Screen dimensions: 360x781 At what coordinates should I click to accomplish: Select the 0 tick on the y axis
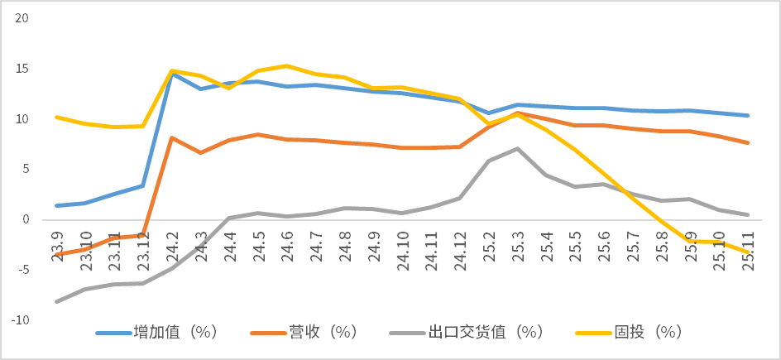pyautogui.click(x=25, y=219)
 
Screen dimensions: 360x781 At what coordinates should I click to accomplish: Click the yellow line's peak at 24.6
pyautogui.click(x=286, y=65)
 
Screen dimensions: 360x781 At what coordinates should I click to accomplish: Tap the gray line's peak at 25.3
pyautogui.click(x=517, y=149)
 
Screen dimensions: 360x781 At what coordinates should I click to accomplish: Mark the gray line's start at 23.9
pyautogui.click(x=56, y=302)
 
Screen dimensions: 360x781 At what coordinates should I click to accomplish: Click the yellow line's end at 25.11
pyautogui.click(x=747, y=252)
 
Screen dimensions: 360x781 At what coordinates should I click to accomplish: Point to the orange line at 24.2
pyautogui.click(x=171, y=137)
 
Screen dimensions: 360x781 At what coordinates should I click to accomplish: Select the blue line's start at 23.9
pyautogui.click(x=56, y=205)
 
